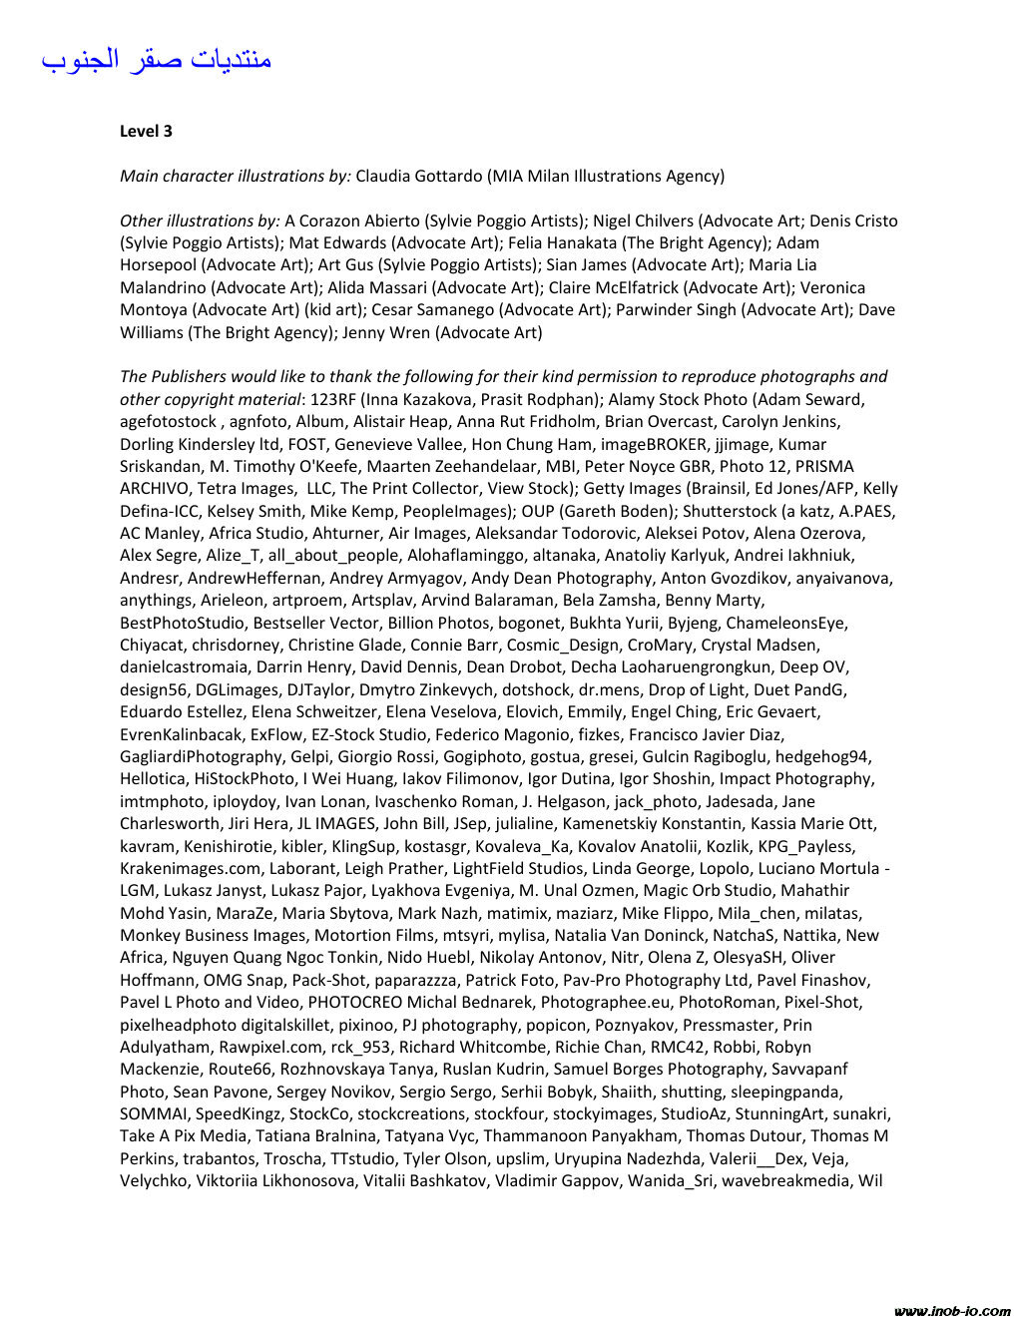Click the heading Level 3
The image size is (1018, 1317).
(x=146, y=131)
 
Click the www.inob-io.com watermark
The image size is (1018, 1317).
(x=952, y=1311)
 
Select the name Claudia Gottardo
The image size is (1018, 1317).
(x=419, y=176)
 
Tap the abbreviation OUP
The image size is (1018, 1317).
(x=539, y=511)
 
